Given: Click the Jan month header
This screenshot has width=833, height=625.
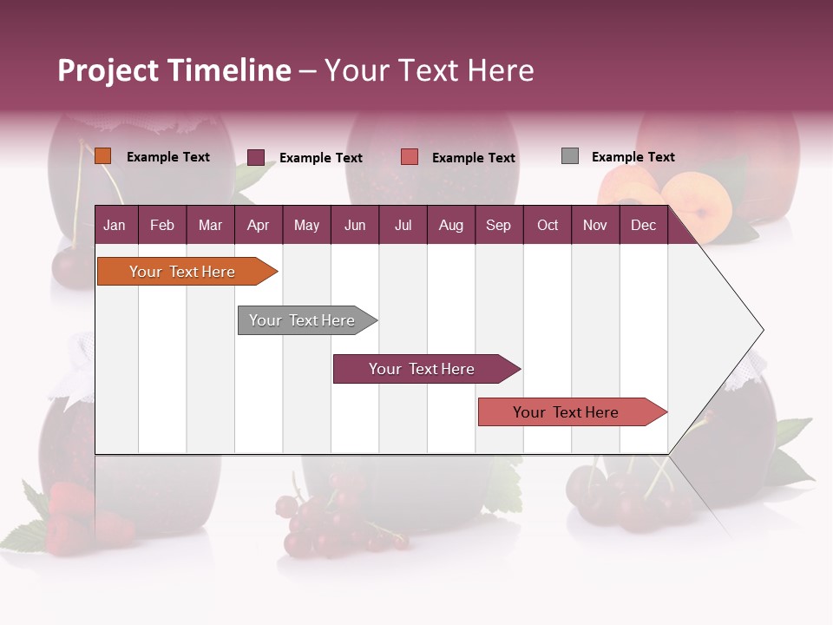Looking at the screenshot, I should pyautogui.click(x=115, y=225).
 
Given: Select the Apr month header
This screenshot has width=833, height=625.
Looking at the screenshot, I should pyautogui.click(x=258, y=225).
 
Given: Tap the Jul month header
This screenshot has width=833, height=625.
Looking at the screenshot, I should pyautogui.click(x=403, y=225).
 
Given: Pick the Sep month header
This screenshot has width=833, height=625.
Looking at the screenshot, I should pyautogui.click(x=498, y=225).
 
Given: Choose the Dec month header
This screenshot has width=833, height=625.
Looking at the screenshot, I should pyautogui.click(x=643, y=225).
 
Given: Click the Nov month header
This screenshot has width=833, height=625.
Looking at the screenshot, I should pyautogui.click(x=594, y=225).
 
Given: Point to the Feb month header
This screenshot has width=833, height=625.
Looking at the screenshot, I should pyautogui.click(x=162, y=225).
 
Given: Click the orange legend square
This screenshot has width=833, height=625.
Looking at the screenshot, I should pyautogui.click(x=103, y=156).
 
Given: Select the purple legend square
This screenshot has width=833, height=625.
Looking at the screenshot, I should pyautogui.click(x=256, y=157).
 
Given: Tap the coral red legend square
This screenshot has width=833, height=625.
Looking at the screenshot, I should pyautogui.click(x=410, y=157).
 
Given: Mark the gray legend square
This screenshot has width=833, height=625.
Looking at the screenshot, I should pyautogui.click(x=570, y=156).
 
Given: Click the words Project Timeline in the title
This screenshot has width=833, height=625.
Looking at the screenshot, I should pyautogui.click(x=174, y=70).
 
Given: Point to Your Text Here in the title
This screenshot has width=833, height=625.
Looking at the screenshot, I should pyautogui.click(x=429, y=70).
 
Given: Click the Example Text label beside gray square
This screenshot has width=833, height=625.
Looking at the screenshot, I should pyautogui.click(x=633, y=157).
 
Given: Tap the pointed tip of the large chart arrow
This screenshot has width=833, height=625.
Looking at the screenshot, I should pyautogui.click(x=762, y=330).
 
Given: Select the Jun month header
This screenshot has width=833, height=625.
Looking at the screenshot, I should pyautogui.click(x=355, y=225).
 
